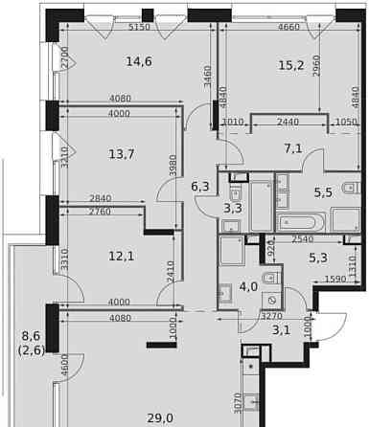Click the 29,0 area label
pos(161,418)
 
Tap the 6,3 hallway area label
pos(199,188)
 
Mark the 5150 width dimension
pos(142,28)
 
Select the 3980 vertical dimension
pos(173,164)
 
